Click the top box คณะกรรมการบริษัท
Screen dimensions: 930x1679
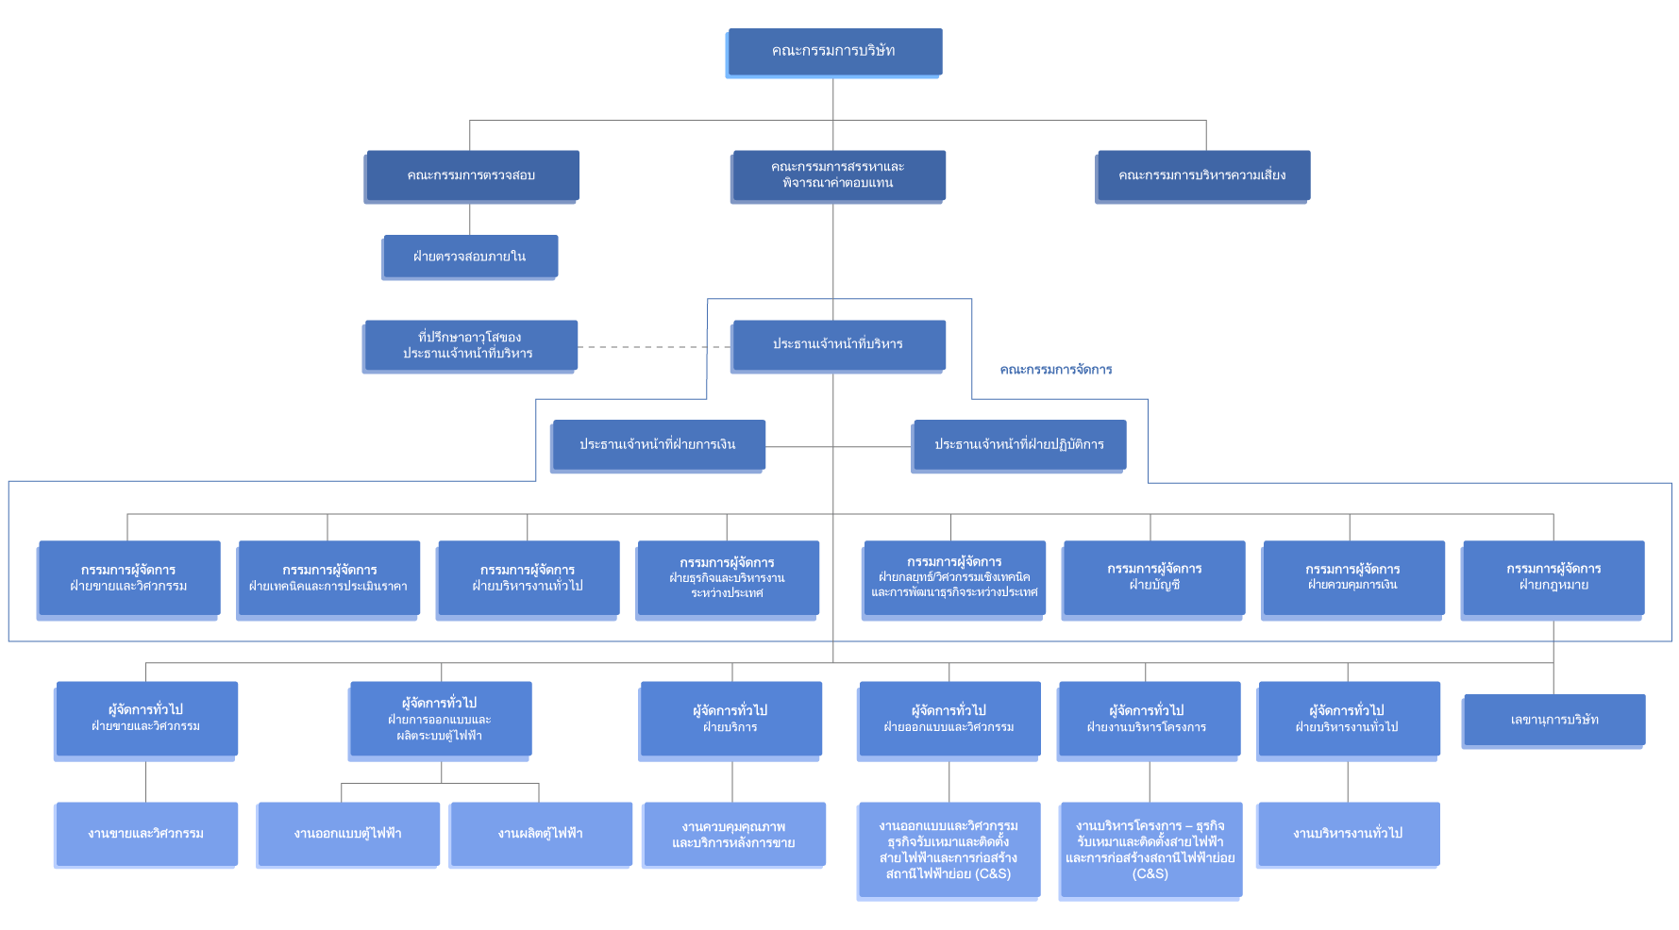[833, 52]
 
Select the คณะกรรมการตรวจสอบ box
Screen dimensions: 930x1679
[471, 175]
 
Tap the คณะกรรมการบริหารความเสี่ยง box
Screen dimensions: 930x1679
[1202, 175]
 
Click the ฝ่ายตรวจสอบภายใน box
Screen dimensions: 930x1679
[469, 257]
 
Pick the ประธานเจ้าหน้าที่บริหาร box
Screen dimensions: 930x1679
[837, 344]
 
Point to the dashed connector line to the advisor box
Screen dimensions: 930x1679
[651, 347]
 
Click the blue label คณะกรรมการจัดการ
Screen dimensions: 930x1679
[1056, 370]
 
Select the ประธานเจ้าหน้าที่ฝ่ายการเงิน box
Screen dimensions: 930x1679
[657, 444]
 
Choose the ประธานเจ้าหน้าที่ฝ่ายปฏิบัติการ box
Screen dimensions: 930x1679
[1018, 444]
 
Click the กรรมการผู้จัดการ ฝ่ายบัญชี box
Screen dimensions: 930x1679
[1153, 577]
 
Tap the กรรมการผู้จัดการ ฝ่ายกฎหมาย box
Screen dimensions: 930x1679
[1553, 577]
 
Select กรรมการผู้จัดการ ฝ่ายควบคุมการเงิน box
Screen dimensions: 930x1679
[1352, 577]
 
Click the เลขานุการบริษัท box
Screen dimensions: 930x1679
[1553, 720]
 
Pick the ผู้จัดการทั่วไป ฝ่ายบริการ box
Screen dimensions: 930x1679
[730, 718]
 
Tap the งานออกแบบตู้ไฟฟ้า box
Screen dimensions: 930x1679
[347, 834]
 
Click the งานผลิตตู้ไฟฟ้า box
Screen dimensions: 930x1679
[540, 834]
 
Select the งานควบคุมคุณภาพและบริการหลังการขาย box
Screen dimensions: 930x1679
[733, 834]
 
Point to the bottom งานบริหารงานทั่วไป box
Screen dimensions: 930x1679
[1348, 834]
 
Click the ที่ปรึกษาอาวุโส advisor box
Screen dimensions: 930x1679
[469, 345]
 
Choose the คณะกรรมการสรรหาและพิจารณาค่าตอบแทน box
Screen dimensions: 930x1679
[837, 175]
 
